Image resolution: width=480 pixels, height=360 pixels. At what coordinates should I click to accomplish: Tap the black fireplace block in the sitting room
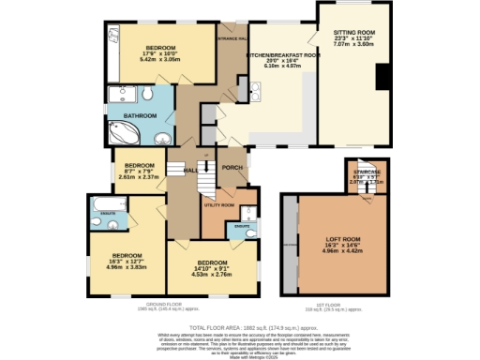pos(380,78)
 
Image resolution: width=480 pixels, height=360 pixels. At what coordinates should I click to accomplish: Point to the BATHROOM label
pos(137,115)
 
